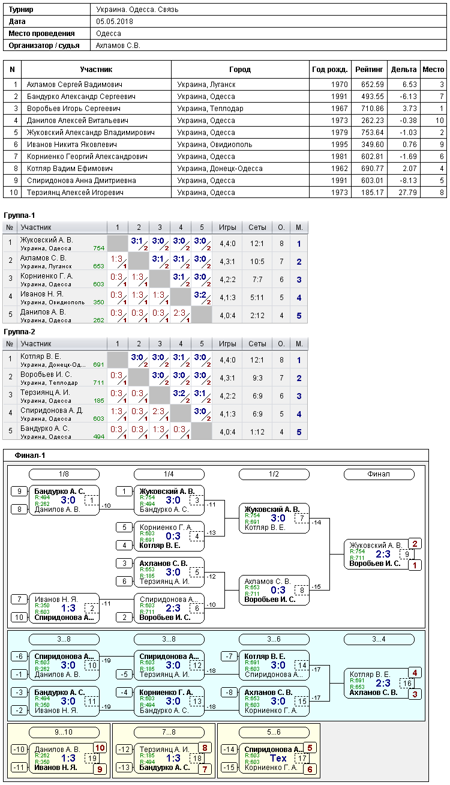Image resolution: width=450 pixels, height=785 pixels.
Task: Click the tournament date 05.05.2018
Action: (x=114, y=22)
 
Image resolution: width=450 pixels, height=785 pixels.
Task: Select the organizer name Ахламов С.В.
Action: (x=118, y=46)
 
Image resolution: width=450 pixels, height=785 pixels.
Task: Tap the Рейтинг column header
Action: (x=369, y=70)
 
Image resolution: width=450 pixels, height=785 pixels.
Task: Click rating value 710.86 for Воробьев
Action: (x=373, y=108)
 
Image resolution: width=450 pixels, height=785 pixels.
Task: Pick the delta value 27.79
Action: (x=407, y=193)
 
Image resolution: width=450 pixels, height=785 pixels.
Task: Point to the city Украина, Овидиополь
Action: (x=214, y=145)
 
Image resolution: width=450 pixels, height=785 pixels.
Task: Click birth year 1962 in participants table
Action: (x=339, y=169)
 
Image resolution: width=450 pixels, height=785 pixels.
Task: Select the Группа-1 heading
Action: (x=19, y=215)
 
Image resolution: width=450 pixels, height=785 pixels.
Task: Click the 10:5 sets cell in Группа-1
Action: (x=257, y=262)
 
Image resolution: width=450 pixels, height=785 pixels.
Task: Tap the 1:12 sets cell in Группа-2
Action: (x=257, y=432)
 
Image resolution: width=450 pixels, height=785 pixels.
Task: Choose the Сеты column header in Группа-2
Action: (x=257, y=344)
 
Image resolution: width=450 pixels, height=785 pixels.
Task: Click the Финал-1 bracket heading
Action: (x=30, y=456)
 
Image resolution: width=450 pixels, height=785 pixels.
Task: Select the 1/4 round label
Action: (x=169, y=474)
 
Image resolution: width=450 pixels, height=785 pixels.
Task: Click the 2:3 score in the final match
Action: (x=383, y=554)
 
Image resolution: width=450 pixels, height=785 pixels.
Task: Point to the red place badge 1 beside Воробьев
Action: (x=415, y=565)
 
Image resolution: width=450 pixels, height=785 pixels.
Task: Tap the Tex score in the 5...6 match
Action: (x=278, y=759)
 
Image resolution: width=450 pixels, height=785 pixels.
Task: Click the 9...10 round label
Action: (x=64, y=732)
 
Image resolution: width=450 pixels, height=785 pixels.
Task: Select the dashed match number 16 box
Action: (x=407, y=683)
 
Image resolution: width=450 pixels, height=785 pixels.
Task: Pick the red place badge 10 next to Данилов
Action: (x=100, y=748)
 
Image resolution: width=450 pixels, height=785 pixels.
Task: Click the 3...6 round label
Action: (x=274, y=639)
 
